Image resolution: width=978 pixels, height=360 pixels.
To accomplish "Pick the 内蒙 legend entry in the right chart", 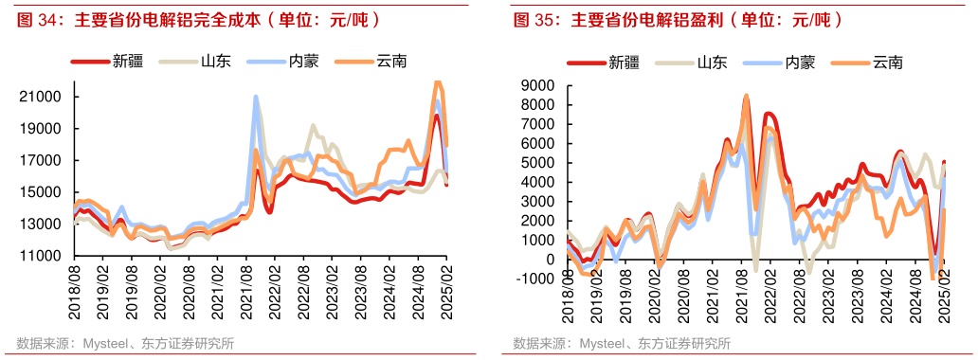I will [x=797, y=63].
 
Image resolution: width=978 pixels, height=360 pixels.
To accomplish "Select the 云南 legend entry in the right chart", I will [x=886, y=63].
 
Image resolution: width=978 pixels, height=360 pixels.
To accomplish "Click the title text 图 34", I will [x=33, y=19].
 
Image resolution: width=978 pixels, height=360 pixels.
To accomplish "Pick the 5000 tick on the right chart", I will [x=544, y=162].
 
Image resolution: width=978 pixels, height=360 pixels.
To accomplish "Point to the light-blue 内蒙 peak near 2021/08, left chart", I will [x=256, y=97].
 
